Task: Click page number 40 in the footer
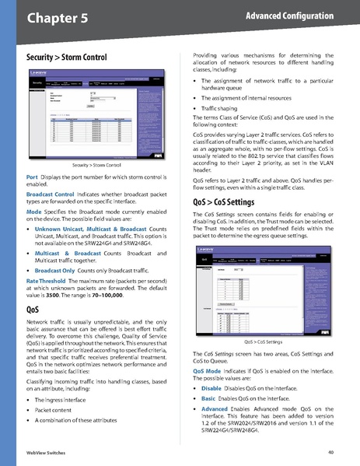pos(330,452)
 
